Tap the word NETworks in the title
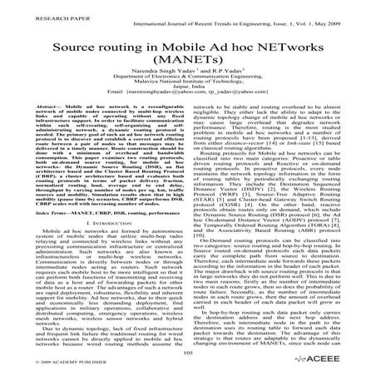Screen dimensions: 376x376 [288, 42]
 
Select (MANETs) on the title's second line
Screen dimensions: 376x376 [187, 63]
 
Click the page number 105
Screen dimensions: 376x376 [187, 352]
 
